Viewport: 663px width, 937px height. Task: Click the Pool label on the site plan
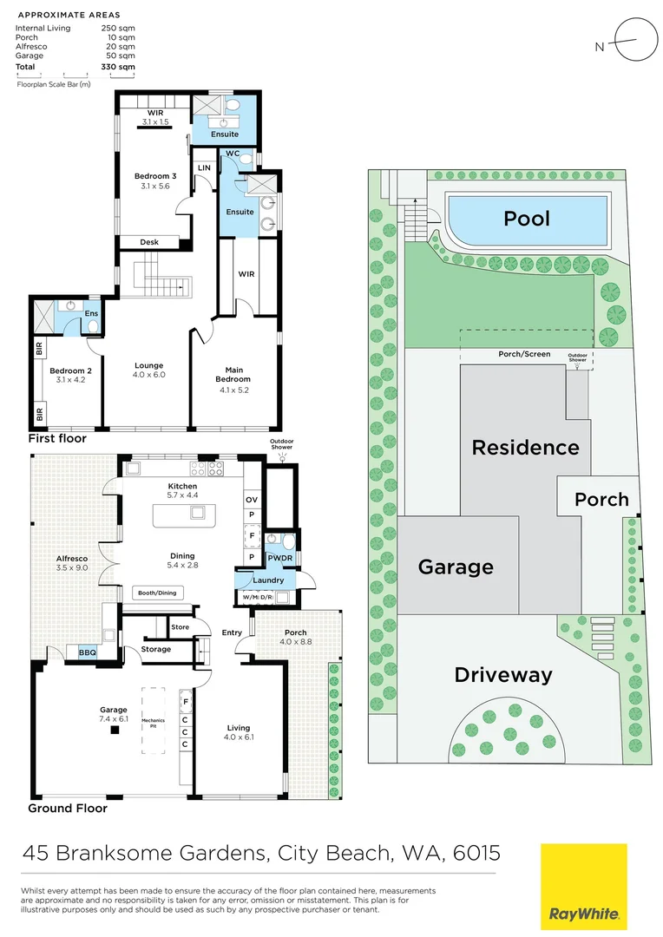[x=527, y=218]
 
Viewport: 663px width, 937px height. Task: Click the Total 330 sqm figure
[x=118, y=66]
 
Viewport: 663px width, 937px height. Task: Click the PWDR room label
[x=279, y=558]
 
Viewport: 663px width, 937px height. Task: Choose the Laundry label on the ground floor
[x=264, y=580]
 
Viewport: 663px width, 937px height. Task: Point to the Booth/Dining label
[x=156, y=593]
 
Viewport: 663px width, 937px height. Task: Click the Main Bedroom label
[x=233, y=374]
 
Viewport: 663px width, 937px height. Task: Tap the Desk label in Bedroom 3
[x=149, y=242]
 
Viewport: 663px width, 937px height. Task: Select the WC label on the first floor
[x=232, y=154]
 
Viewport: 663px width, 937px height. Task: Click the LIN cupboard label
[x=205, y=167]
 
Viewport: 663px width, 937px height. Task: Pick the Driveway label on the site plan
[x=503, y=674]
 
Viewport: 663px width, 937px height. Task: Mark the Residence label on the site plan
[x=525, y=448]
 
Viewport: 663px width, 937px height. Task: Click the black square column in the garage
[x=114, y=730]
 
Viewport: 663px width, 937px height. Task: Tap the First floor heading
[x=57, y=438]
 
